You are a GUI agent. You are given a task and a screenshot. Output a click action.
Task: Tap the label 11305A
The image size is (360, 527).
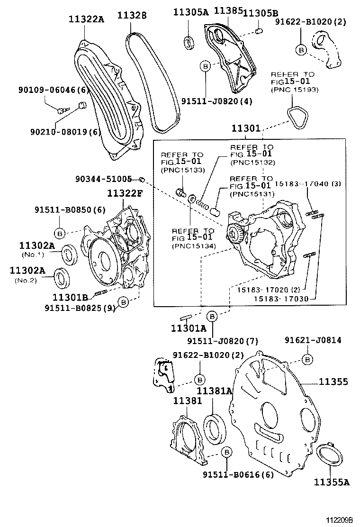point(190,12)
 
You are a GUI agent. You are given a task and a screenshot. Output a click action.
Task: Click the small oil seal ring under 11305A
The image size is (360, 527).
point(188,42)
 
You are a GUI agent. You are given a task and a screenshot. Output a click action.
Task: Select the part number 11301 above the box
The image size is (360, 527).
point(246,128)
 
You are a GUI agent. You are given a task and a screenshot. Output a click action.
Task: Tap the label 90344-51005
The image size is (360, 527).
point(103,179)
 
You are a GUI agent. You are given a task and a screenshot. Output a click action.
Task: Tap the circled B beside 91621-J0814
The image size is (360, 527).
point(307,360)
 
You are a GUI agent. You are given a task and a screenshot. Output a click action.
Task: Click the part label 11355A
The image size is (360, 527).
point(331,482)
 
